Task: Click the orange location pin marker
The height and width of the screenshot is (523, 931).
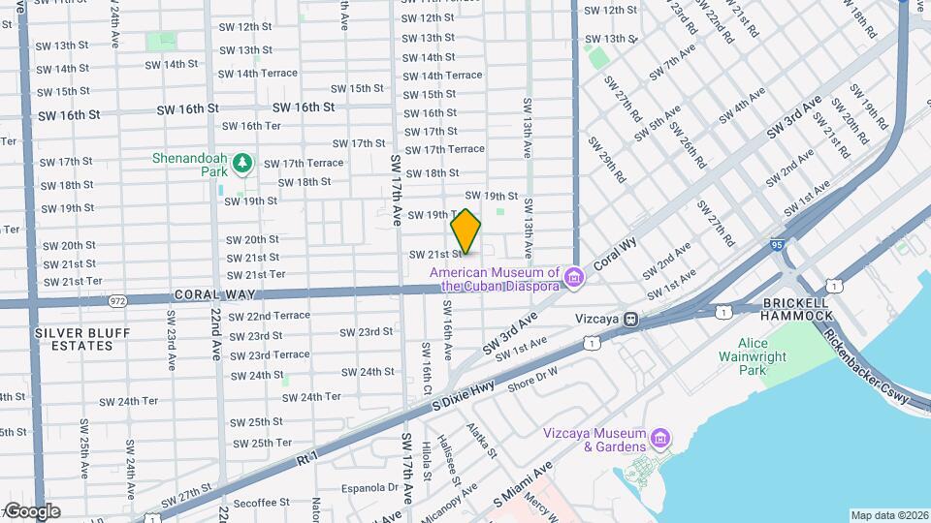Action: [x=466, y=231]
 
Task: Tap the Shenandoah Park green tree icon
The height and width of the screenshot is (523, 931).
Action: [x=242, y=162]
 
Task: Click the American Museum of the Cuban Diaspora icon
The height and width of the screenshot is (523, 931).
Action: [x=574, y=279]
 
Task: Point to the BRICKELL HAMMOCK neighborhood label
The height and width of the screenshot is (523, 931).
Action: [x=797, y=308]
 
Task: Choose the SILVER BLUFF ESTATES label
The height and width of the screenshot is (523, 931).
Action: [x=75, y=339]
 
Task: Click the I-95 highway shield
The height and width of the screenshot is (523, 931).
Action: [x=778, y=246]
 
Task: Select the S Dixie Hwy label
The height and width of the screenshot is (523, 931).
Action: [x=463, y=387]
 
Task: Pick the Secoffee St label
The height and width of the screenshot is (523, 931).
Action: [x=262, y=503]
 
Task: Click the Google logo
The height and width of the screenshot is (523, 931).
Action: [x=32, y=510]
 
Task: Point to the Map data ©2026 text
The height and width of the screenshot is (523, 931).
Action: [x=889, y=515]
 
